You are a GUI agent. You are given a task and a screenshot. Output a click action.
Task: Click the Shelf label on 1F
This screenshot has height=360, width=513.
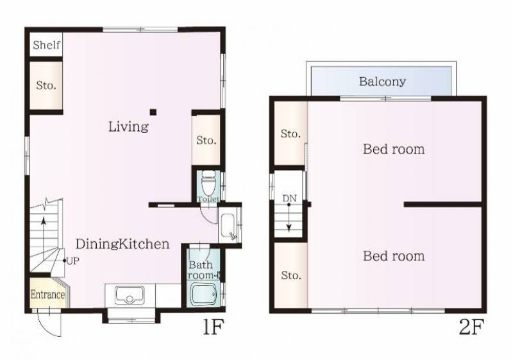(x=46, y=45)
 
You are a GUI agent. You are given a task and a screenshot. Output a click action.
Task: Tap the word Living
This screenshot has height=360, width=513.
(x=128, y=126)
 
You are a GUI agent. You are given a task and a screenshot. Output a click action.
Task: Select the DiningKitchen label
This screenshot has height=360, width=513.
(x=122, y=244)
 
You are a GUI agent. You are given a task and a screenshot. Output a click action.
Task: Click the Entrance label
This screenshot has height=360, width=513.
(x=47, y=295)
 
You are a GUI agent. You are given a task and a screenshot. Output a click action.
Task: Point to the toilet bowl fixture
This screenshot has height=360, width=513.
(x=208, y=184)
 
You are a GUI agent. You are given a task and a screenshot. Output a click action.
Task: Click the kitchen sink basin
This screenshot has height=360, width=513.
(x=130, y=295)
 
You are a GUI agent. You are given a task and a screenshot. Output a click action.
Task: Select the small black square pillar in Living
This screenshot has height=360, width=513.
(x=153, y=112)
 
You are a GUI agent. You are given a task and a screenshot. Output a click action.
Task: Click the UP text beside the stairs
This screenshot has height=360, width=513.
(x=72, y=261)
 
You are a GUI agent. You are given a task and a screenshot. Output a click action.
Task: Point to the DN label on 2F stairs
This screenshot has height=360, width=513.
(x=289, y=198)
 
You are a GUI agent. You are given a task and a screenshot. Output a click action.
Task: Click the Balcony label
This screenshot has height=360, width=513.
(x=382, y=81)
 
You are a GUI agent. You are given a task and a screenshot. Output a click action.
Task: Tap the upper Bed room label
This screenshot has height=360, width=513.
(x=394, y=150)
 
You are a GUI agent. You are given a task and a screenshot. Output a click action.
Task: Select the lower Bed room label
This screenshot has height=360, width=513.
(x=394, y=256)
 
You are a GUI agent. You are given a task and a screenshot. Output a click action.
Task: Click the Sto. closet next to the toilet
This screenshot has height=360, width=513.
(x=206, y=141)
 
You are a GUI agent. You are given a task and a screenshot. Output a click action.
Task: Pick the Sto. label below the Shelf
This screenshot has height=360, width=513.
(x=46, y=86)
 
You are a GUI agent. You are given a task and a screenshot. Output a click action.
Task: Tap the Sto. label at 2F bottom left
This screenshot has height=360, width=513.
(x=290, y=275)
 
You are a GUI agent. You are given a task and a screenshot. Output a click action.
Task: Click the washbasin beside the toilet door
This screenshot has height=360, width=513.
(x=228, y=226)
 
